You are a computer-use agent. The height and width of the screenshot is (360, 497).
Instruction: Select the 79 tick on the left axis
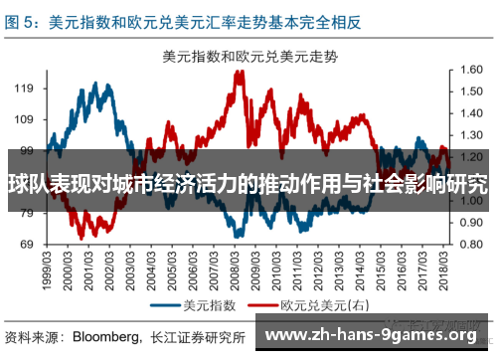(27, 214)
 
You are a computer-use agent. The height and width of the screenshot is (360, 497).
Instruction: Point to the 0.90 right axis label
(471, 223)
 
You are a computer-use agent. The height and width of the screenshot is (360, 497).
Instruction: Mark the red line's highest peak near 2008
(239, 73)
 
